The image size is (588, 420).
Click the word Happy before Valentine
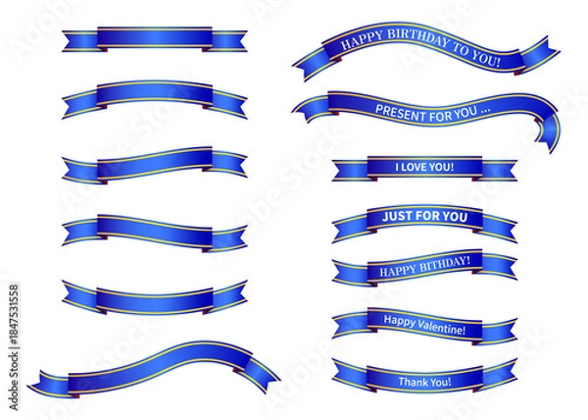tap(398, 320)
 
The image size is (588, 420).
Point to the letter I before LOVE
tap(398, 167)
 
